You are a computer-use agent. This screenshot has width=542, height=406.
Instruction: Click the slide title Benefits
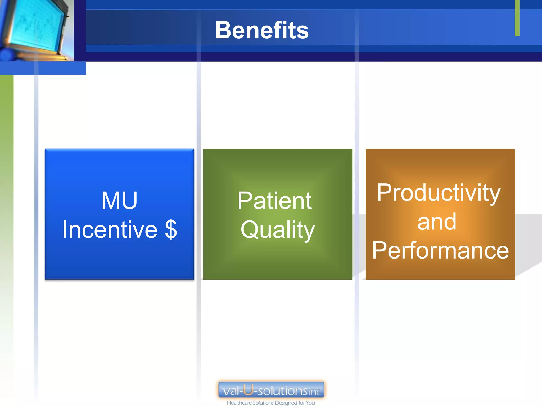pyautogui.click(x=261, y=30)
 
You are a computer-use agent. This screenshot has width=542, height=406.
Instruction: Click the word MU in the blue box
pyautogui.click(x=119, y=201)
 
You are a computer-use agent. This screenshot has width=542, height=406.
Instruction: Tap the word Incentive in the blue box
pyautogui.click(x=110, y=229)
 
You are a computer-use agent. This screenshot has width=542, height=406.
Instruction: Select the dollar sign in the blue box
pyautogui.click(x=171, y=229)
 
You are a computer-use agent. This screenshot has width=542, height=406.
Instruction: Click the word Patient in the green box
pyautogui.click(x=275, y=201)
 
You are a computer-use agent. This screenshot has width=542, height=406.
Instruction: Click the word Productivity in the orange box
pyautogui.click(x=439, y=193)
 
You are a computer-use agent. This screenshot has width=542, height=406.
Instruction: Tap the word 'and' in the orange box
pyautogui.click(x=437, y=222)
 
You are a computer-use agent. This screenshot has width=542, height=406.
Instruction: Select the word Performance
pyautogui.click(x=440, y=250)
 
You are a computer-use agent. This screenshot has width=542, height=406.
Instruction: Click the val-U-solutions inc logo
pyautogui.click(x=271, y=390)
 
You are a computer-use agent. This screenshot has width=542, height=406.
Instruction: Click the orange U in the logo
pyautogui.click(x=248, y=389)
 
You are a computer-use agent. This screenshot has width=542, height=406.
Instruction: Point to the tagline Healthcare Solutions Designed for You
pyautogui.click(x=271, y=403)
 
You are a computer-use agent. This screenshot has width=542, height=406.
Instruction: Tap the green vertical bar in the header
pyautogui.click(x=517, y=18)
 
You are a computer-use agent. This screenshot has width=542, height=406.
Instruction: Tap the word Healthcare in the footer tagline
pyautogui.click(x=239, y=403)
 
